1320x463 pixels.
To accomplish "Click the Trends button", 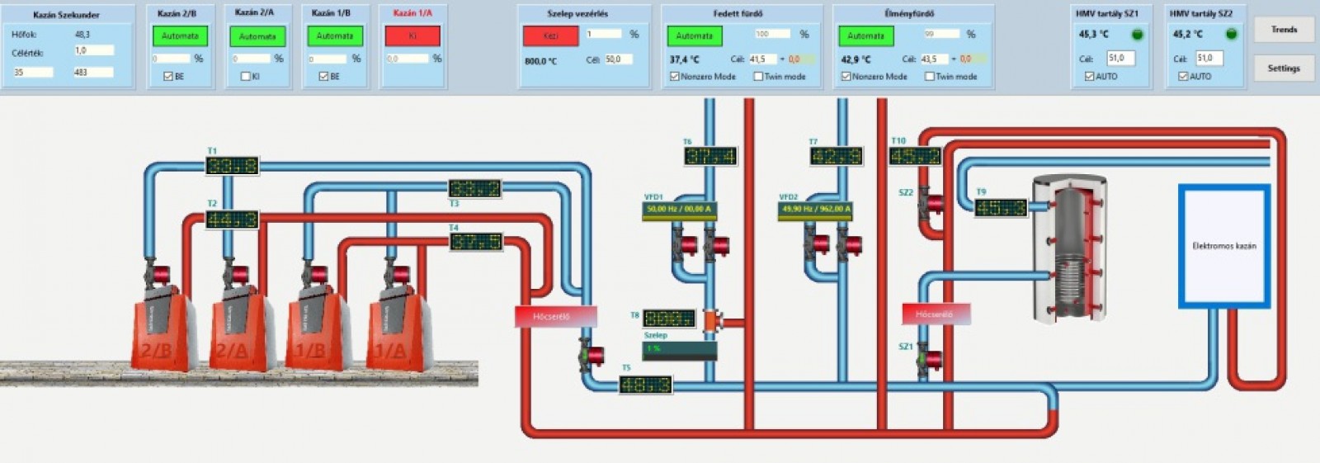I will click(x=1284, y=30).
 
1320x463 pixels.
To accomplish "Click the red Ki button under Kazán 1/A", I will click(x=412, y=36).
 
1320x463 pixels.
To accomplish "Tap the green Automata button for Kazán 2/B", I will click(x=180, y=36).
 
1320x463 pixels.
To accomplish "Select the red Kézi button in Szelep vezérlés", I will click(x=550, y=36).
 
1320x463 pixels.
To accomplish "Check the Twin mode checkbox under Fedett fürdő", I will click(x=758, y=77).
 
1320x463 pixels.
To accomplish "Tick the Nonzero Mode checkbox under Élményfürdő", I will click(x=846, y=77).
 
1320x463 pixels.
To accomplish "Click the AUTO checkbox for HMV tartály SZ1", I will click(x=1089, y=77).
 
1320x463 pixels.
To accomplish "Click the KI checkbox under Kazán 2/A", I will click(x=245, y=77).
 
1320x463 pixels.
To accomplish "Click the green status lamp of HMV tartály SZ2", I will click(x=1232, y=35).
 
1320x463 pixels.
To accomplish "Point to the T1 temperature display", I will click(x=232, y=166).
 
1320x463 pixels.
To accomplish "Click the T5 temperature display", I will click(x=645, y=385).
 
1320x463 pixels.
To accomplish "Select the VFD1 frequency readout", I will click(x=679, y=210).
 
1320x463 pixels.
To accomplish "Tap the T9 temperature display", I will click(x=1000, y=208).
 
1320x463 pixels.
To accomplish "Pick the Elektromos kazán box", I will click(x=1223, y=246).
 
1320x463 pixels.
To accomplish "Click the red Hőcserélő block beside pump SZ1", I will click(x=936, y=314).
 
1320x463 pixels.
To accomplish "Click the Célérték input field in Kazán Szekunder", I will click(x=93, y=51).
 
